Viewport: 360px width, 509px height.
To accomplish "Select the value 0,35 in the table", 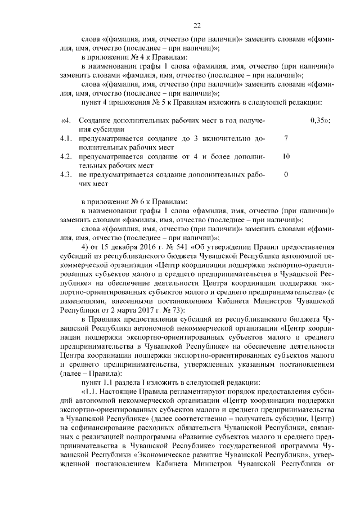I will (319, 121).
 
